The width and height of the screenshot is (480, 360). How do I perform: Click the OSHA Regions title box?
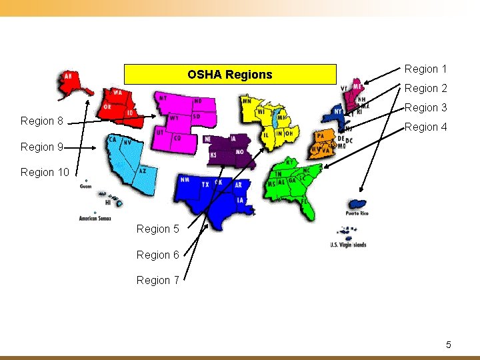pos(230,74)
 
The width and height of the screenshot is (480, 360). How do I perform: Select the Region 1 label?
pos(425,69)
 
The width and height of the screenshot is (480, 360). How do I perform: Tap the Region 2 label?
pos(425,88)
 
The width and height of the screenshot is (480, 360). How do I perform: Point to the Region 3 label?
pos(425,107)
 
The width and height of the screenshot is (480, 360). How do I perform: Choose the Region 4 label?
pos(425,127)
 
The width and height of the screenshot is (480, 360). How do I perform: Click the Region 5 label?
pos(157,229)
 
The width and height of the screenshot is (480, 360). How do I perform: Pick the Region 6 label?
pos(157,255)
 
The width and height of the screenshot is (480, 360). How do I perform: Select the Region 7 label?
pos(157,280)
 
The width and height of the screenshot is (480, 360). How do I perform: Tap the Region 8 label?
pos(41,121)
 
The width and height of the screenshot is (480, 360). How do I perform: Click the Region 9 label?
pos(41,147)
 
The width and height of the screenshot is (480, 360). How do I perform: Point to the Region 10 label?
pos(45,172)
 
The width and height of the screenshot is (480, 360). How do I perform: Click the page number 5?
pos(448,345)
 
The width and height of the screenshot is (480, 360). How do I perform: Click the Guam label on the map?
pos(85,187)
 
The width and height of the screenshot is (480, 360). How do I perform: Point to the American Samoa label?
pos(95,218)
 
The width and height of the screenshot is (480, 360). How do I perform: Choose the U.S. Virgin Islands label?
pos(348,245)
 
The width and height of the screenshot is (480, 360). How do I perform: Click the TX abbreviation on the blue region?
pos(205,184)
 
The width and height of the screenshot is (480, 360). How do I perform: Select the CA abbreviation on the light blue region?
pos(113,140)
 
